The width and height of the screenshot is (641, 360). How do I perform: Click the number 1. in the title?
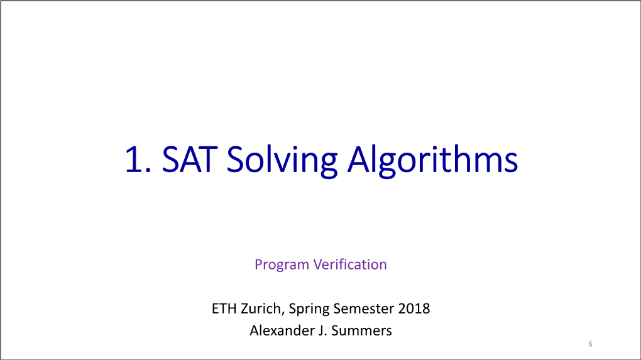click(x=138, y=160)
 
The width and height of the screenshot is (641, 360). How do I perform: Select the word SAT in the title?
click(x=189, y=160)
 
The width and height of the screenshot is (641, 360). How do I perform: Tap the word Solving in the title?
click(x=282, y=161)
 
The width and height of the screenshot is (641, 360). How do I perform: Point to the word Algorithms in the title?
click(x=432, y=161)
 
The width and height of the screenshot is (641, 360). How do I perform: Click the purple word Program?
click(x=282, y=265)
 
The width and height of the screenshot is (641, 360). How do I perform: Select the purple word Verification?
click(x=350, y=265)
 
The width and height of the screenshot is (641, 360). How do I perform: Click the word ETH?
click(x=224, y=308)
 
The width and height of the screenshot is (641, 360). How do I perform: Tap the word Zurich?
click(x=260, y=308)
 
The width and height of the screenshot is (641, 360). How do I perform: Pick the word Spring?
click(x=309, y=309)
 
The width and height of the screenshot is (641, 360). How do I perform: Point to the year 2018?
click(x=414, y=308)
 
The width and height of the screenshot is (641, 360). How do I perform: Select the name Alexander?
click(x=282, y=330)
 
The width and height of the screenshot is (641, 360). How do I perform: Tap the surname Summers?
click(x=361, y=330)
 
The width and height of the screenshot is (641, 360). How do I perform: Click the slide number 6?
click(x=590, y=344)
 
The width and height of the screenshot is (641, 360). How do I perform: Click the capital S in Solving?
click(x=236, y=160)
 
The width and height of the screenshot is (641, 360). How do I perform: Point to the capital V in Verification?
click(x=319, y=265)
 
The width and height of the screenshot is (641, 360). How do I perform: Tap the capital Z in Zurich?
click(x=245, y=308)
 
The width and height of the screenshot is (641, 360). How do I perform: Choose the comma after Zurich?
click(x=283, y=314)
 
